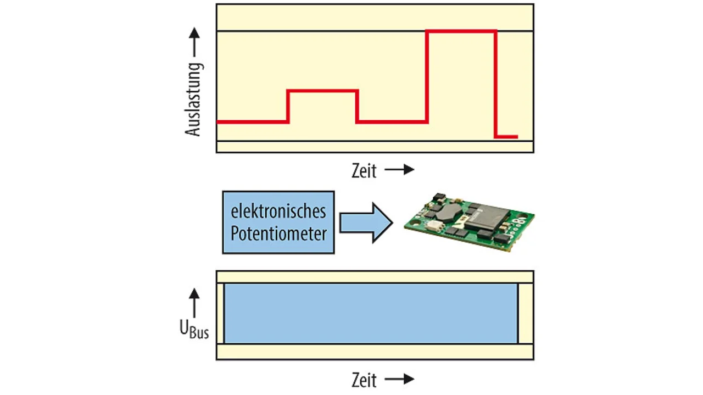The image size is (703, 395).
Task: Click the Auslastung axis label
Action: (x=193, y=99)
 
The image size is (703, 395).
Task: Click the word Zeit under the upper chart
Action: (x=364, y=171)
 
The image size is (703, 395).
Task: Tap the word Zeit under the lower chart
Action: (x=364, y=381)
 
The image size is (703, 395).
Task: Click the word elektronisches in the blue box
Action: (x=278, y=211)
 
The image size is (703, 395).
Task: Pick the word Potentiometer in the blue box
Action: (x=278, y=233)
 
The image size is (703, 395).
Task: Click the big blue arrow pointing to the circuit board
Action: (x=366, y=222)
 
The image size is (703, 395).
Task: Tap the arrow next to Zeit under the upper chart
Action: (x=399, y=170)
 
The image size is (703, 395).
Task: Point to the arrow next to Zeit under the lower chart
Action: (x=399, y=379)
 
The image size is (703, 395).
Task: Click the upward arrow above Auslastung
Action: (x=194, y=42)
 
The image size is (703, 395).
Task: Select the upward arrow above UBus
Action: (x=194, y=303)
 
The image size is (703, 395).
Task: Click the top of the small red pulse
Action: (x=322, y=91)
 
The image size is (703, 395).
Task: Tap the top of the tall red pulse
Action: (x=461, y=31)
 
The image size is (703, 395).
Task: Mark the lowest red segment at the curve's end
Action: (x=506, y=137)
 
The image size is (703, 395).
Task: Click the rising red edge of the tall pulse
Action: (x=427, y=76)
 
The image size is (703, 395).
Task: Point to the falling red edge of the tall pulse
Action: (x=495, y=84)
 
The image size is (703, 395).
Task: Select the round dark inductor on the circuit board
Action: (x=449, y=212)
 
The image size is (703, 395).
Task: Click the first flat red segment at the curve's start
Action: (x=253, y=122)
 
